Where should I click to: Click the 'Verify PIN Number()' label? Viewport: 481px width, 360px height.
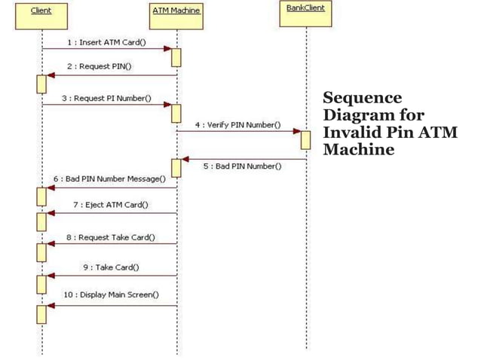[238, 124]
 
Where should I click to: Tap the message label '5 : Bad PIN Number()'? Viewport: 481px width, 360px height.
[242, 166]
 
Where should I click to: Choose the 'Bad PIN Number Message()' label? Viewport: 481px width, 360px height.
[109, 178]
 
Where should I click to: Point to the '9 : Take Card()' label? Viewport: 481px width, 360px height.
[110, 267]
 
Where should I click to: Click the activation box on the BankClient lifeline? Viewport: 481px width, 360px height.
[306, 139]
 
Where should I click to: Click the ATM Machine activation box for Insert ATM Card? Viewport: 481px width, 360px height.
[176, 57]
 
